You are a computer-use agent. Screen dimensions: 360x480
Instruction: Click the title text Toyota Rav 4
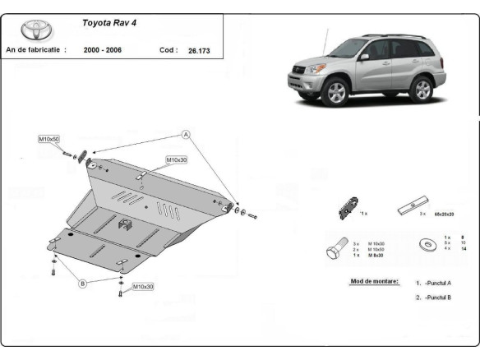[x=109, y=23]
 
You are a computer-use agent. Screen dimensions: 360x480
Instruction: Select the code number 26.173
[x=197, y=50]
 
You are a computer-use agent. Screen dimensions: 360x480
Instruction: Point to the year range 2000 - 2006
[x=104, y=50]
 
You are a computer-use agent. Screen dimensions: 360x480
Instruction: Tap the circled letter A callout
[x=187, y=134]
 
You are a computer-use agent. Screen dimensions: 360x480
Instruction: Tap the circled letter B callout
[x=82, y=284]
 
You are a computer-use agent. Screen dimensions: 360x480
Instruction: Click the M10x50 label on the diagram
[x=48, y=140]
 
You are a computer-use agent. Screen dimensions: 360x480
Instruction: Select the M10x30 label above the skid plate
[x=177, y=159]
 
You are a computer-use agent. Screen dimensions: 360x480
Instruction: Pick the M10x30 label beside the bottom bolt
[x=144, y=286]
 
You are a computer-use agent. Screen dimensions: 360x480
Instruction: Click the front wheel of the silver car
[x=336, y=92]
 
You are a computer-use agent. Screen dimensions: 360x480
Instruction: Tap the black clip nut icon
[x=348, y=209]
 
